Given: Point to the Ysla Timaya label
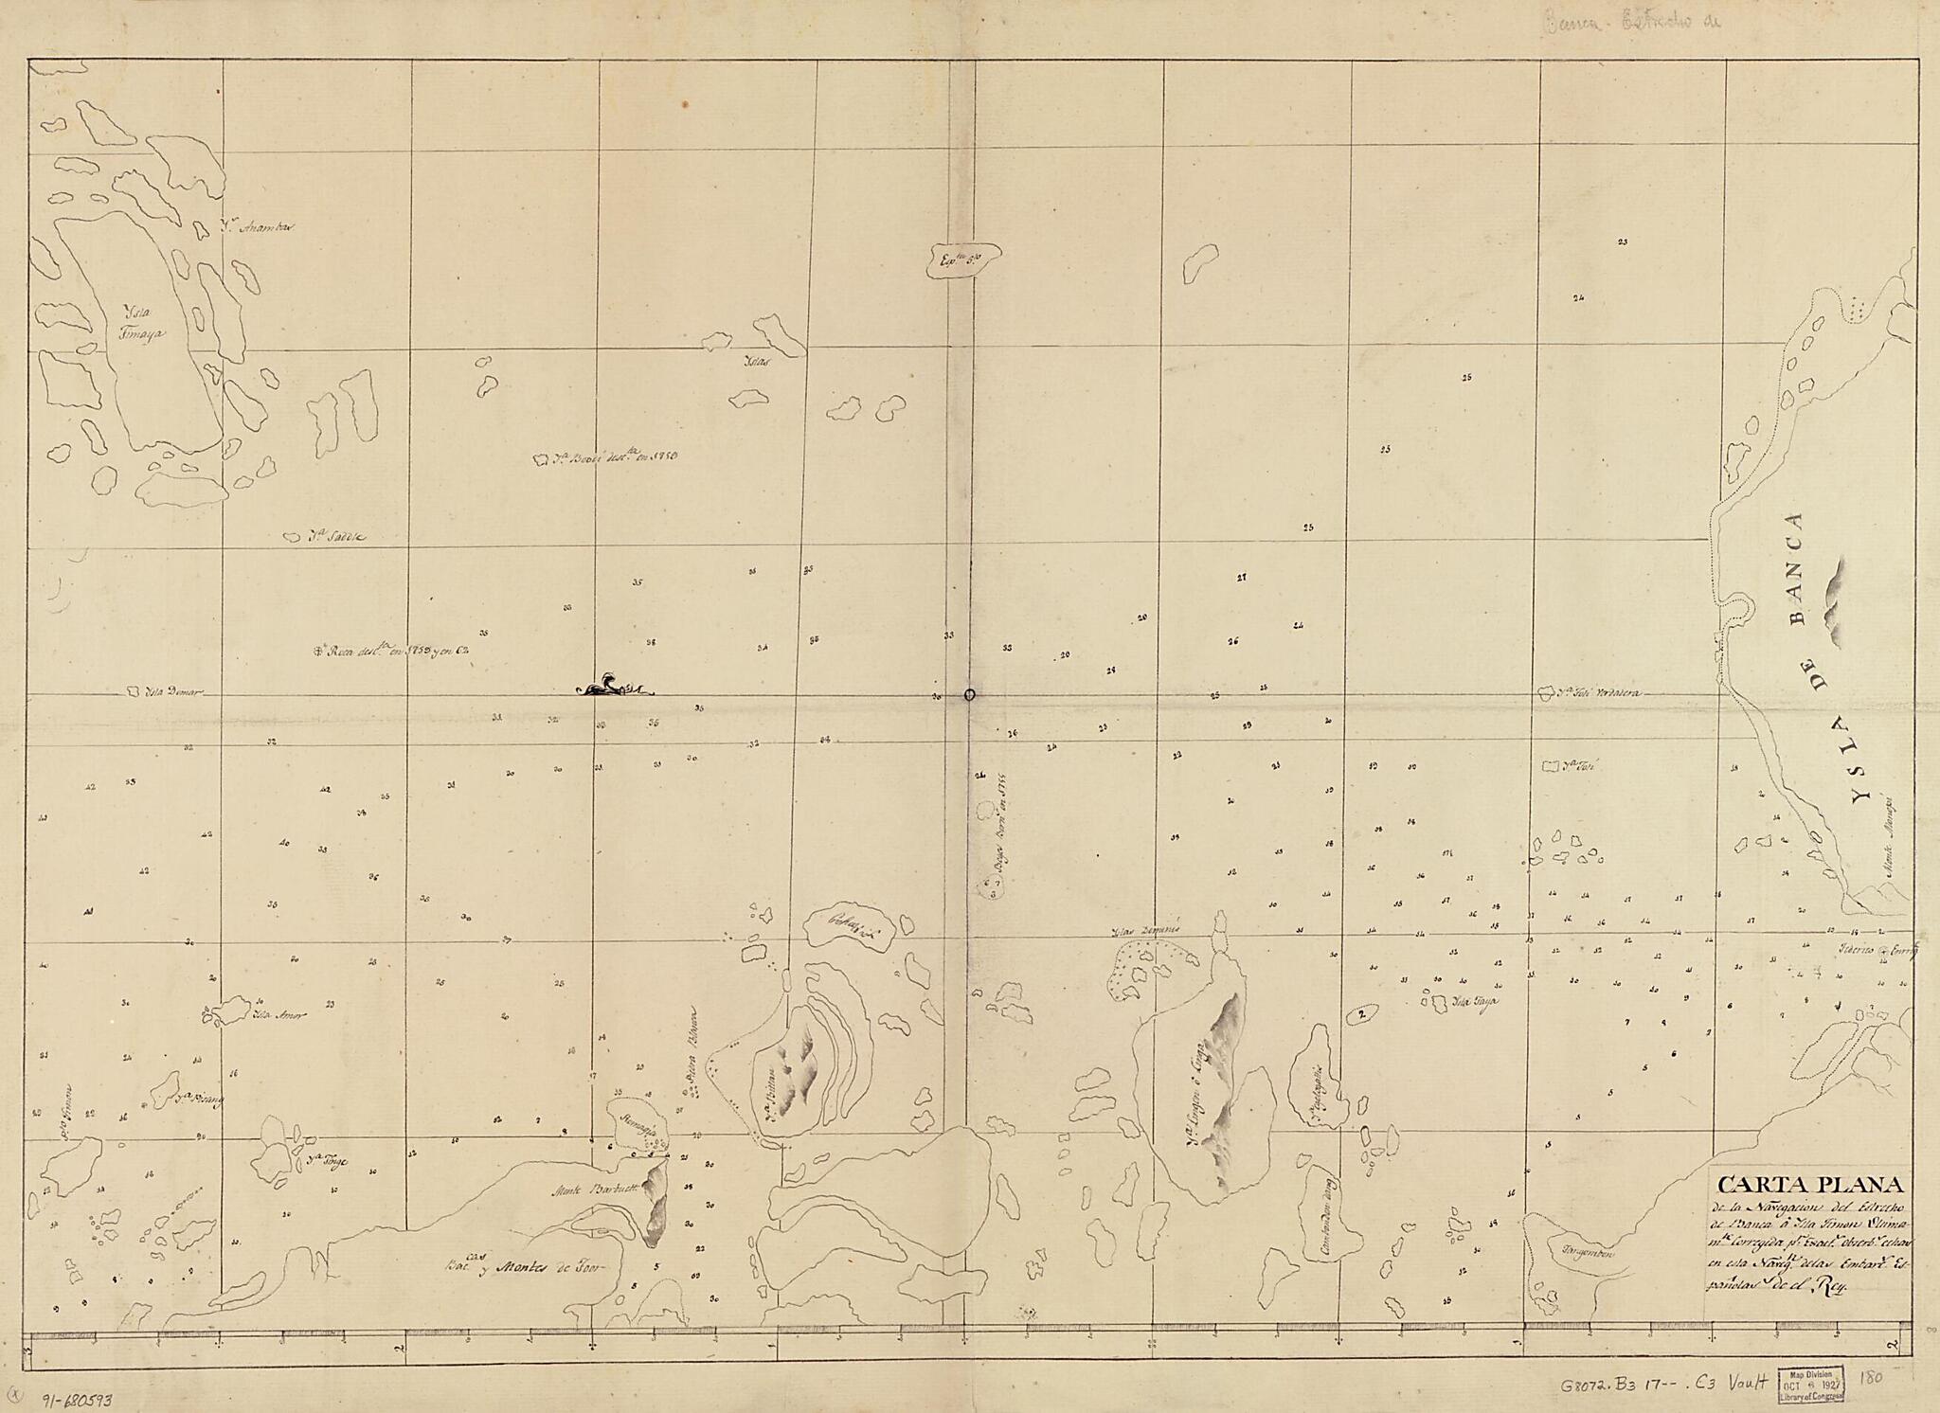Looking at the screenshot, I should pyautogui.click(x=142, y=326).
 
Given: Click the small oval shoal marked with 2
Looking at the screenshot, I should pyautogui.click(x=1360, y=1014).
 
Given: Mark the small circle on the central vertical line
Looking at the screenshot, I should pyautogui.click(x=969, y=694).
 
